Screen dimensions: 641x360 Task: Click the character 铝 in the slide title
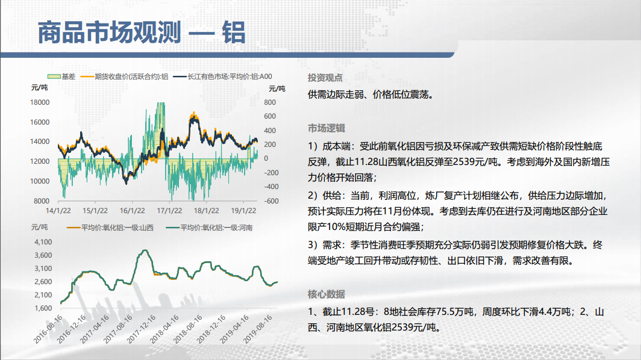(234, 33)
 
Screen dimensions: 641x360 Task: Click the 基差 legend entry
(61, 76)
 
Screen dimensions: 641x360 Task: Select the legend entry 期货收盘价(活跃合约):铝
(125, 76)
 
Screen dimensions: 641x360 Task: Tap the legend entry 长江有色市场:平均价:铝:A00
(223, 76)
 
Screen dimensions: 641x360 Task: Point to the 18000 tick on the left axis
(40, 102)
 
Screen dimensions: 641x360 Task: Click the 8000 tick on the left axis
(42, 201)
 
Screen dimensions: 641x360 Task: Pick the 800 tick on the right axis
(270, 102)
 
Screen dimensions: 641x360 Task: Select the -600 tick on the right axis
(272, 201)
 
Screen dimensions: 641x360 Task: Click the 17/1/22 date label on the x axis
(169, 211)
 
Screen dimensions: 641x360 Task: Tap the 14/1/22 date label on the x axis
(58, 211)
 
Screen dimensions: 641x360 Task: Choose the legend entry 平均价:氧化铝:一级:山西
(110, 228)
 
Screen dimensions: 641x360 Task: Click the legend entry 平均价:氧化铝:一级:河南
(209, 228)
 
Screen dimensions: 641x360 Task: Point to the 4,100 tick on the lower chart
(43, 242)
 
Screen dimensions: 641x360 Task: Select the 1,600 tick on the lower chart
(43, 308)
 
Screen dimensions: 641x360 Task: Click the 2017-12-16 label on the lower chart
(142, 329)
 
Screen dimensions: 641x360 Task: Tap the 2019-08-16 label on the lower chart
(258, 329)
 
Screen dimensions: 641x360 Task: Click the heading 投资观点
(325, 78)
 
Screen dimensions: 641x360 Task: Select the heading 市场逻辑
(327, 128)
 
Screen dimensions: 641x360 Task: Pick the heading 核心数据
(327, 294)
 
